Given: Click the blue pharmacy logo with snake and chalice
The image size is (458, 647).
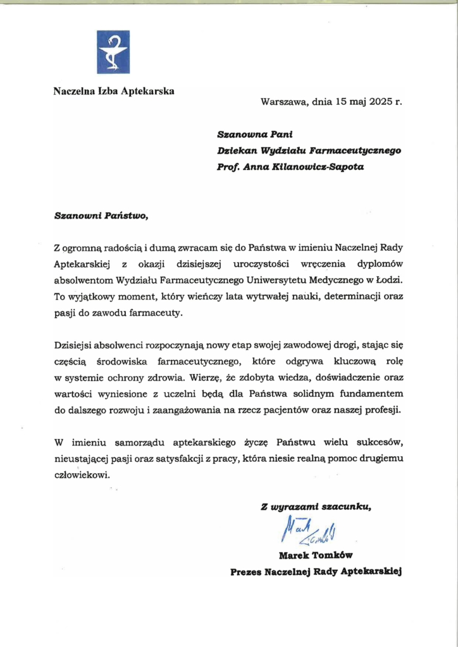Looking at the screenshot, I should click(x=113, y=52).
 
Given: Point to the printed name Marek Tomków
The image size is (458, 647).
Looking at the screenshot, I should click(x=315, y=556).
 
